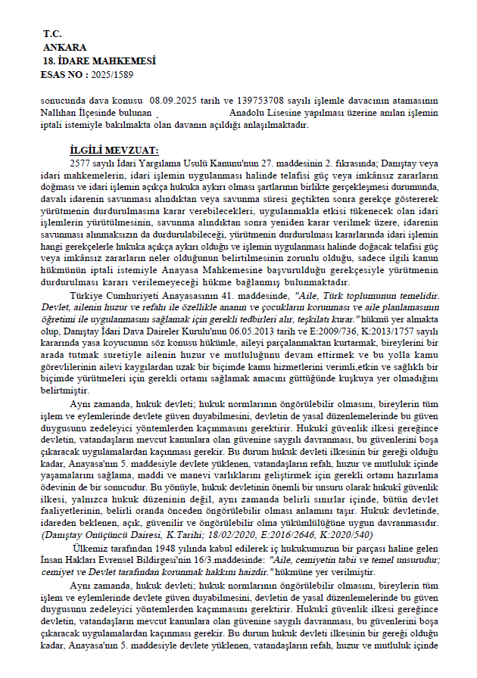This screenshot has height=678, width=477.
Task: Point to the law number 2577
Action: coord(79,163)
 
